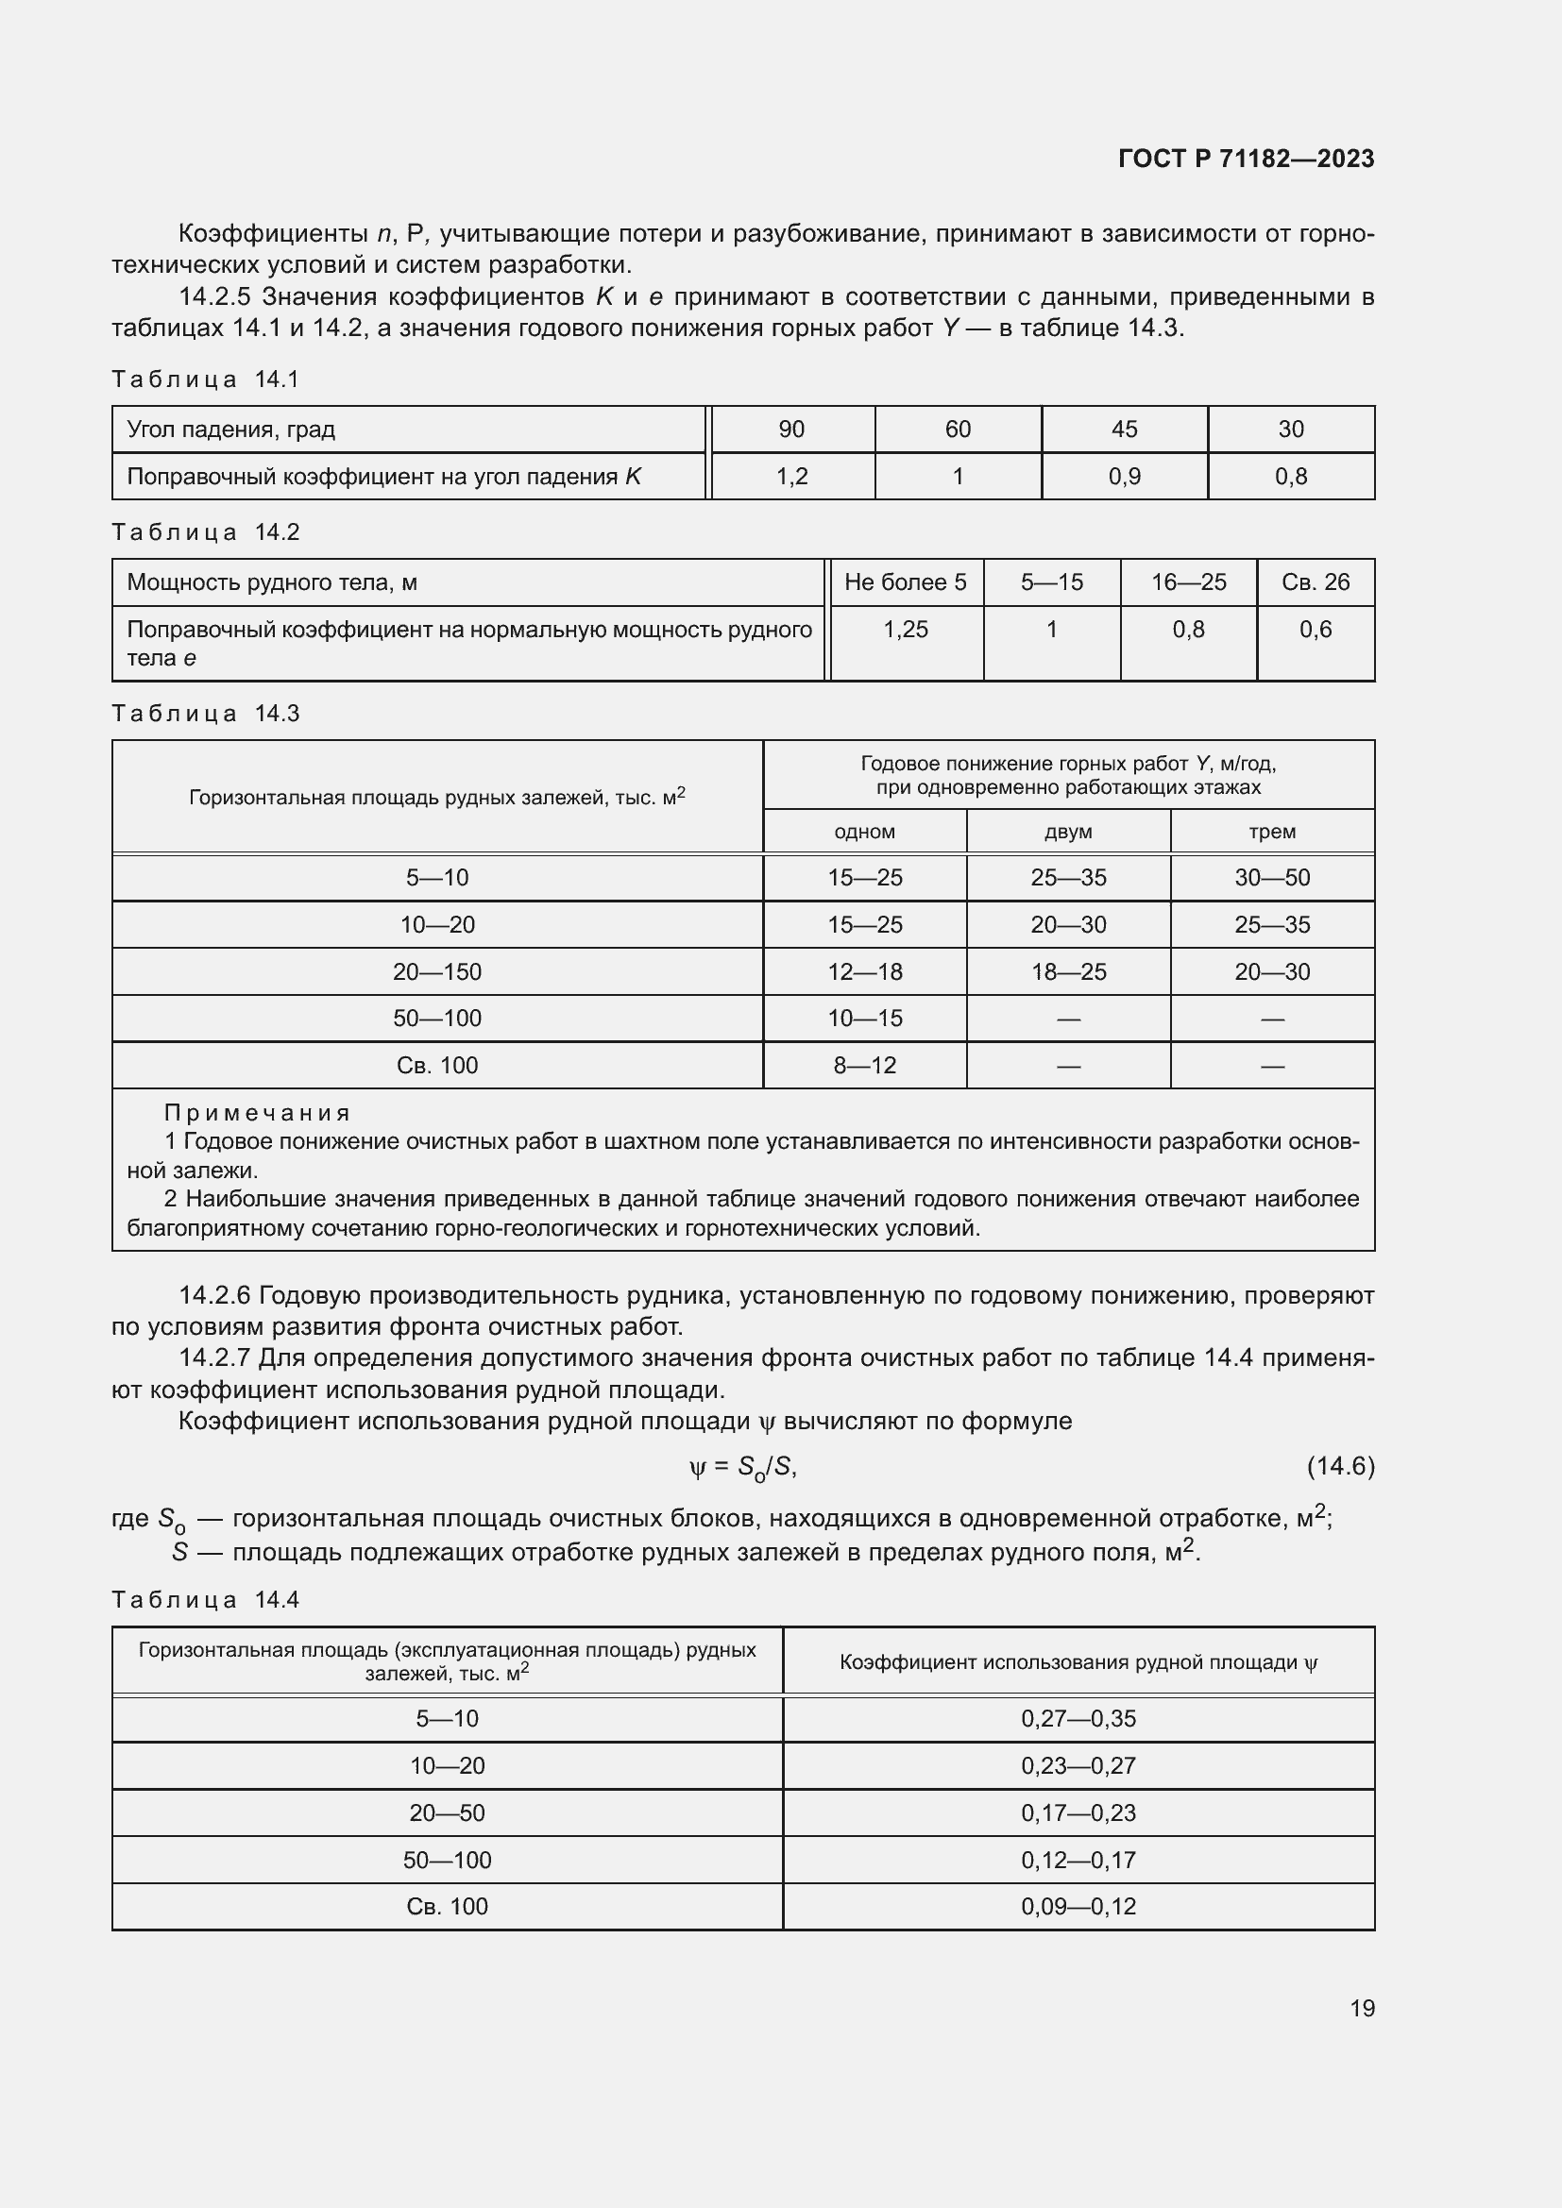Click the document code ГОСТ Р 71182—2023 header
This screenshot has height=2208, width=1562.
pos(1246,159)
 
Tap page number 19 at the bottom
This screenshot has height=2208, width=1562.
pos(1362,2008)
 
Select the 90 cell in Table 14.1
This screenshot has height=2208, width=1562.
pos(790,429)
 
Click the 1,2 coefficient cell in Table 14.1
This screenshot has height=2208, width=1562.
pos(790,476)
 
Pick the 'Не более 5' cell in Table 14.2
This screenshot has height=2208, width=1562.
pos(905,581)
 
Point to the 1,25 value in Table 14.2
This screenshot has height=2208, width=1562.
pos(905,630)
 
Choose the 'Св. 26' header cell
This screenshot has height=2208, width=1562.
pos(1315,581)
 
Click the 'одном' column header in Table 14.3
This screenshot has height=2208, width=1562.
pos(864,832)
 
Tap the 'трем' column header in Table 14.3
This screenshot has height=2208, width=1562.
pos(1271,832)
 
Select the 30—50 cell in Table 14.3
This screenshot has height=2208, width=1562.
pos(1271,877)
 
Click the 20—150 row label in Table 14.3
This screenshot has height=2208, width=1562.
pos(436,971)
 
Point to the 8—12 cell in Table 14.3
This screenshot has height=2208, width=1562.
pos(864,1066)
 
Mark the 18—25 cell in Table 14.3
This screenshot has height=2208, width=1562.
pos(1068,971)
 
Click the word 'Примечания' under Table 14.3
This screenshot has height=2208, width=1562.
pos(257,1113)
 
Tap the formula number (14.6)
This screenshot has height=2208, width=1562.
pos(1340,1466)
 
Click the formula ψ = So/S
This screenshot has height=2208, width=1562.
pos(742,1468)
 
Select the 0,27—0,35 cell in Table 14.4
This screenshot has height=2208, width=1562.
pos(1078,1718)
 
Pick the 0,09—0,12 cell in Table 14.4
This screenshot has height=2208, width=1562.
pos(1078,1906)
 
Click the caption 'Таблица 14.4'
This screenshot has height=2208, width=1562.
pos(205,1599)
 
